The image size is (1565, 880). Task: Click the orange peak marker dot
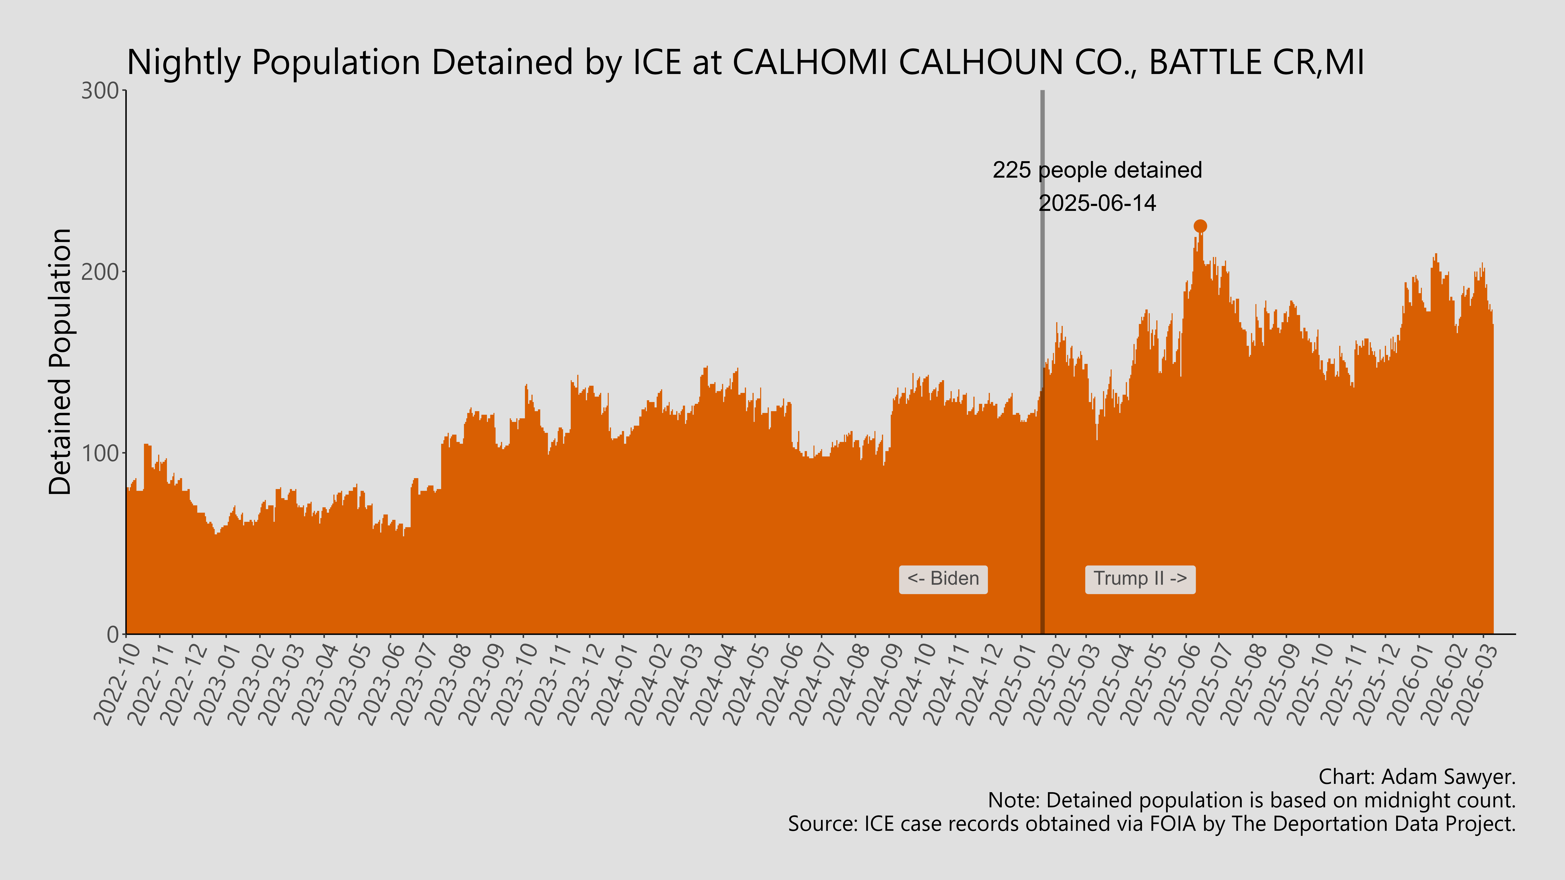[1200, 226]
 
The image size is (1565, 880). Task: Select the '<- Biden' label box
[943, 579]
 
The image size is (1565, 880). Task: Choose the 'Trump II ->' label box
[1140, 579]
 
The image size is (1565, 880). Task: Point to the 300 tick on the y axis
[100, 91]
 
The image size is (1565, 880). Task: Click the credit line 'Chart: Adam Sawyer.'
[1417, 777]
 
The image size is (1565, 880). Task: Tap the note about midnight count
[1252, 800]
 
